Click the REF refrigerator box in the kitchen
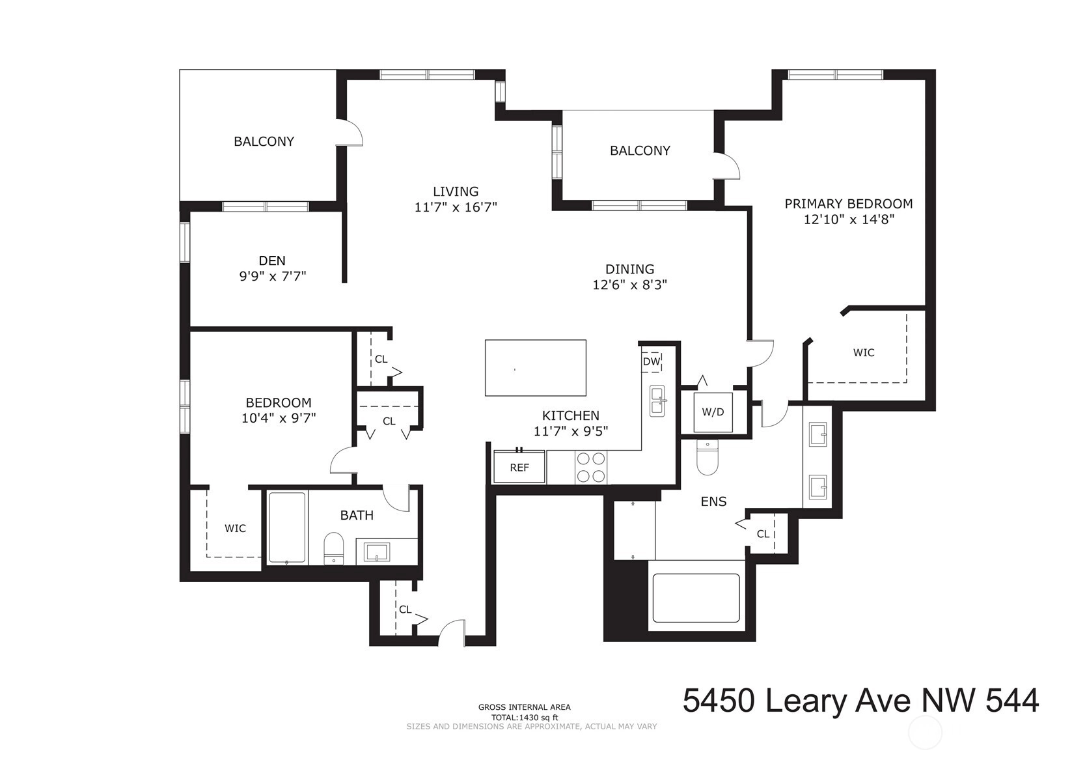(519, 467)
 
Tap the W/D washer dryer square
(713, 412)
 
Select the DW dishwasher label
(652, 361)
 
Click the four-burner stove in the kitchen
(591, 468)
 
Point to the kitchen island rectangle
(536, 368)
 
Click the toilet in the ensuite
(708, 457)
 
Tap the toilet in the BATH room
(334, 549)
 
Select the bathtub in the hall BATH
(287, 527)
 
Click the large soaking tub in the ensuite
(696, 598)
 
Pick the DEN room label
(272, 260)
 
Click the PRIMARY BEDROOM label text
(849, 204)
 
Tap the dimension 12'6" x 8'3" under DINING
(630, 285)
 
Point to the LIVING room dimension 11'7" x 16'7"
(456, 207)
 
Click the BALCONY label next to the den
(264, 141)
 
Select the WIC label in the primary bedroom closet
(864, 352)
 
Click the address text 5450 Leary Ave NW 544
(860, 701)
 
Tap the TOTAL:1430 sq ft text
(525, 718)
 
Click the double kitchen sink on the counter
(657, 400)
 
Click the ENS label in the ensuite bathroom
(713, 501)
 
